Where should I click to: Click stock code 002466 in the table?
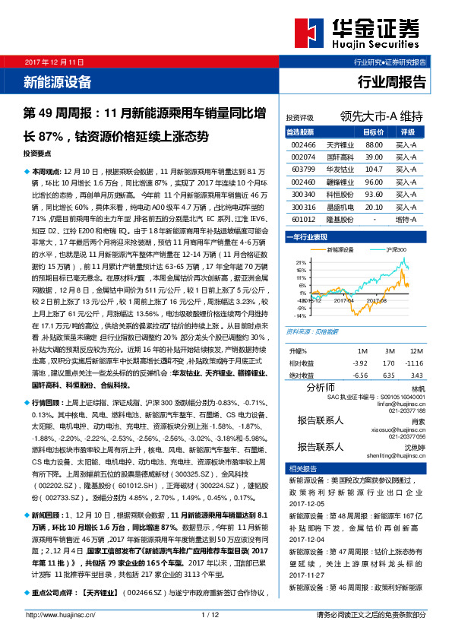(303, 144)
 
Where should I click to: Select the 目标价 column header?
(374, 131)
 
